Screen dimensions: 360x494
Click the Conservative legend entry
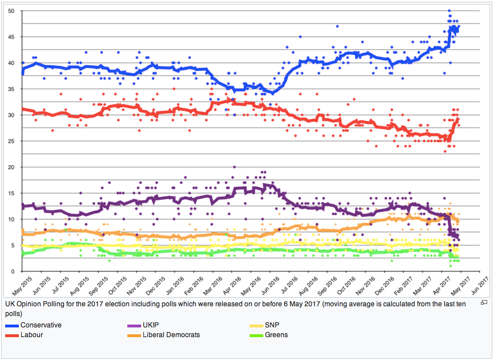41,325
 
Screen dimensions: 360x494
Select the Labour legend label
31,335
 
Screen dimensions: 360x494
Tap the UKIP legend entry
151,325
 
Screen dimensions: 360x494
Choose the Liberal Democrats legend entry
171,335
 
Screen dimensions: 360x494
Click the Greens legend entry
276,335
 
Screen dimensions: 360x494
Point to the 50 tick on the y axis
12,11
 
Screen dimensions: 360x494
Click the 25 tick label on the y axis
12,141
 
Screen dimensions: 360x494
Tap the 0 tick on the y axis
14,271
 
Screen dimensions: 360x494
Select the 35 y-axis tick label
12,89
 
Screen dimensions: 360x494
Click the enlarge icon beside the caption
484,302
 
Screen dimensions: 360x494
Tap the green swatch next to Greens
257,335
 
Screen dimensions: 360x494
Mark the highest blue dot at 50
449,11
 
